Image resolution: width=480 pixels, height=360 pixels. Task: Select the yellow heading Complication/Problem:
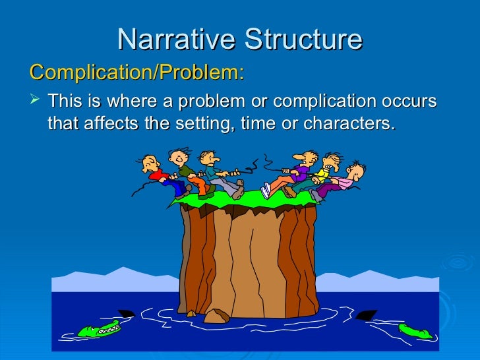[x=136, y=72]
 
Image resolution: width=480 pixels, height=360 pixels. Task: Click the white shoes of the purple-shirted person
[x=266, y=191]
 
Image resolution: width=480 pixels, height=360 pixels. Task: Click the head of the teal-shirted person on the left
[x=208, y=158]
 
